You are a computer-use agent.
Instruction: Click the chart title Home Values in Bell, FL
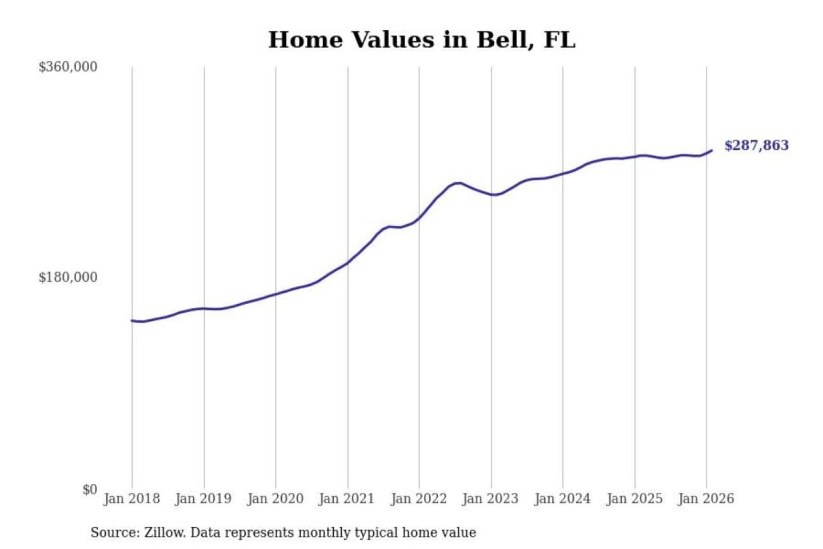coord(422,40)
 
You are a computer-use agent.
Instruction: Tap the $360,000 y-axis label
coord(67,67)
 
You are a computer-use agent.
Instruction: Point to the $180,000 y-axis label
coord(67,277)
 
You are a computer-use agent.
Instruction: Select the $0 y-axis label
coord(90,490)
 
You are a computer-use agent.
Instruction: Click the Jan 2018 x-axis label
coord(131,499)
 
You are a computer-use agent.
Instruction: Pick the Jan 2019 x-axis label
coord(203,499)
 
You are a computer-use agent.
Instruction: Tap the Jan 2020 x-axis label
coord(275,499)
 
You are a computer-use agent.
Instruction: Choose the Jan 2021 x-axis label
coord(346,499)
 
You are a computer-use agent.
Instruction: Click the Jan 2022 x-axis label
coord(418,499)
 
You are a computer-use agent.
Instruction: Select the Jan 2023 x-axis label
coord(490,499)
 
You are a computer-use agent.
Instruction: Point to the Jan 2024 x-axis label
coord(562,499)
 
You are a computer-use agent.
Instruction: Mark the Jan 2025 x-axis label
coord(634,499)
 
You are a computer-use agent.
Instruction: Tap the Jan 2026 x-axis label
coord(705,499)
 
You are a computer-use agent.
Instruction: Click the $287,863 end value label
coord(756,145)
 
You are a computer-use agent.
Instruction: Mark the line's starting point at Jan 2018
coord(132,320)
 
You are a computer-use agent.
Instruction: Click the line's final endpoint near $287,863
coord(712,150)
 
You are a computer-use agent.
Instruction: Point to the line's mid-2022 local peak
coord(458,183)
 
